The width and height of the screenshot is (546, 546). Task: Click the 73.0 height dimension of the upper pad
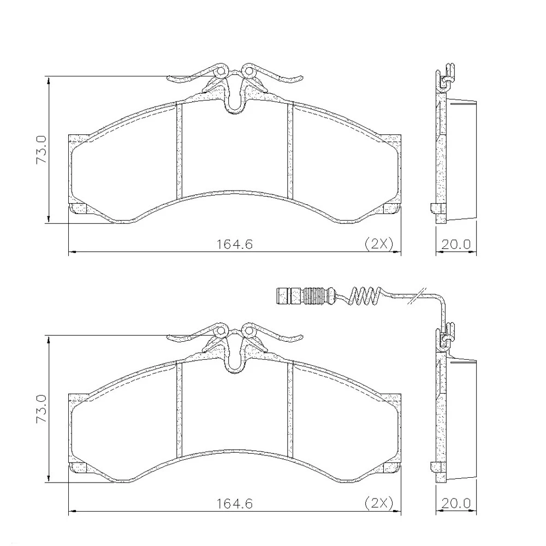point(41,150)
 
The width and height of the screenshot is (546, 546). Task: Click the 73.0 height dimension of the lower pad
point(41,409)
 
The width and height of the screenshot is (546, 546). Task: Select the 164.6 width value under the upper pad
point(235,244)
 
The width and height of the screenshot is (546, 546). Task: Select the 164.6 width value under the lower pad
point(235,503)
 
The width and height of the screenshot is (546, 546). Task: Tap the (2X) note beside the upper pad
point(378,244)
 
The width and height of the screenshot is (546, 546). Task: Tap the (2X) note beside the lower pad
point(378,503)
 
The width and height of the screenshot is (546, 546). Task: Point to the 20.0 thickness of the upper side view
point(456,244)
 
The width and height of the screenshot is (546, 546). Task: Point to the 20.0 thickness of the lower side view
point(456,503)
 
